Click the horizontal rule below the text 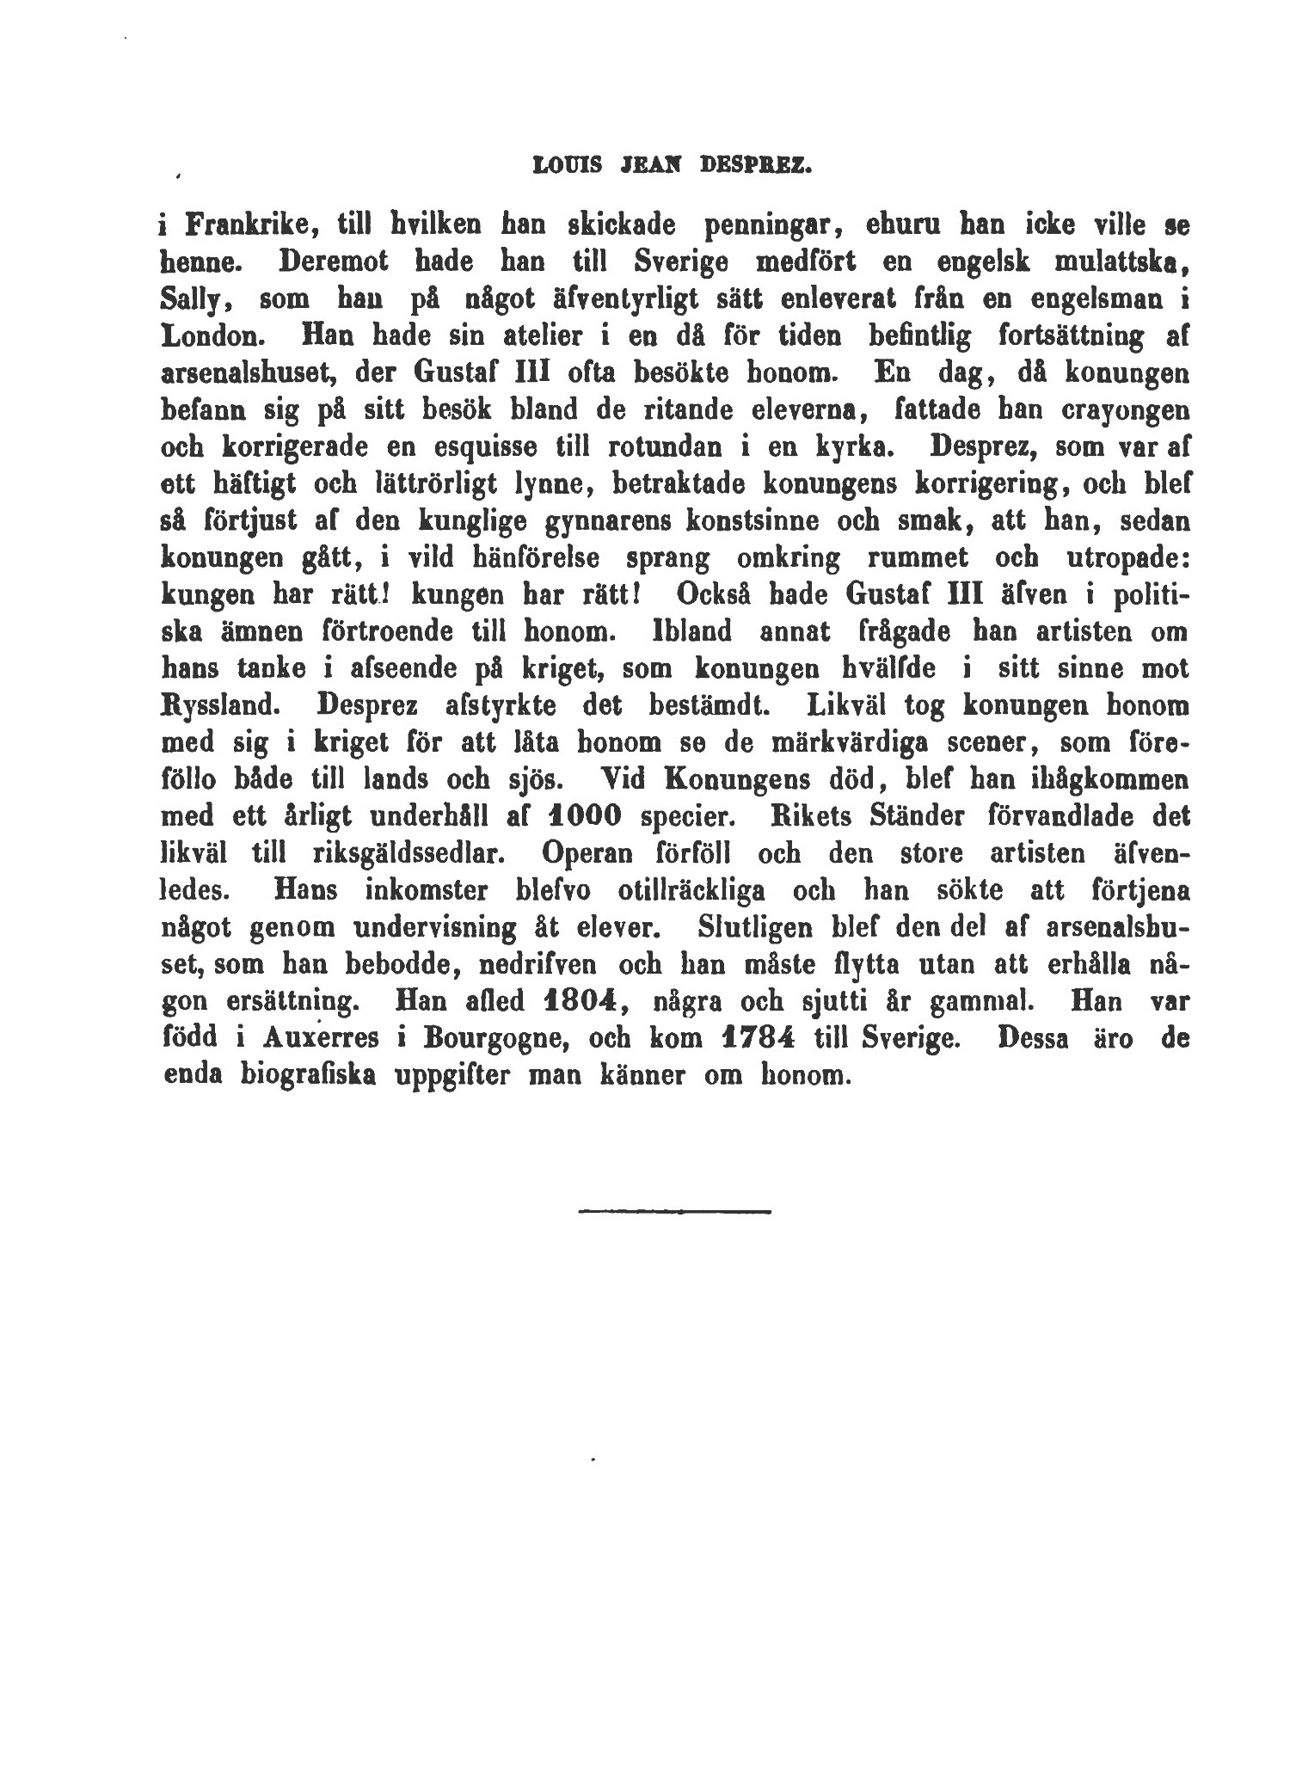675,1213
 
